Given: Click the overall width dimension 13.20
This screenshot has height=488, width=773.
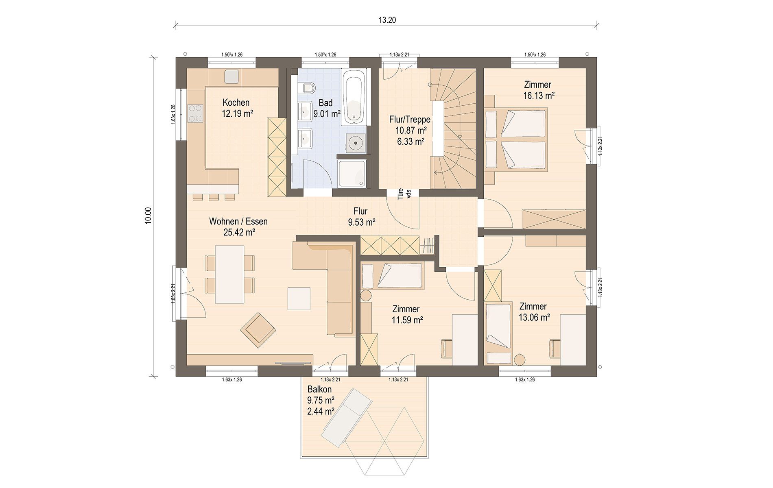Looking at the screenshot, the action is point(387,20).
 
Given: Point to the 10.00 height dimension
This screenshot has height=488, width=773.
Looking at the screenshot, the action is point(148,215).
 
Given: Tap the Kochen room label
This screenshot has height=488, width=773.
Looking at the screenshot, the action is point(236,102).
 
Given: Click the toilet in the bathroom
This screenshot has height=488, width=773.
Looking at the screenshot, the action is point(307,88).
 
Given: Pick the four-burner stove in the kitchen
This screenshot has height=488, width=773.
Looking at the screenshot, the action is point(195,113).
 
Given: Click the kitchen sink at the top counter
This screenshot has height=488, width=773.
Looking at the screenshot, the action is point(231,76).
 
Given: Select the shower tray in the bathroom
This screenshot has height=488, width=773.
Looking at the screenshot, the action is point(352,174).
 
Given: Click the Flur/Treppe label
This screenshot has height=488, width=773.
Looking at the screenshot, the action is point(410,120).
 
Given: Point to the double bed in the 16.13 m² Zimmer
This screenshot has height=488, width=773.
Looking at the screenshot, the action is point(516,139).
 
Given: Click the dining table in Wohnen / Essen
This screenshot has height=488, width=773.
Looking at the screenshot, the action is point(230,274).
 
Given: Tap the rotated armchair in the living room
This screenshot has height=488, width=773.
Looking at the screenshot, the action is point(258,330).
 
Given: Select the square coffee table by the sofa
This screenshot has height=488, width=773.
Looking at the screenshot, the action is point(299,299).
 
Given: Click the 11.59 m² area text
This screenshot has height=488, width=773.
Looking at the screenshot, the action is point(407,320).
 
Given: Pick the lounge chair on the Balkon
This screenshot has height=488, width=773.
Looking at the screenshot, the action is point(347,417).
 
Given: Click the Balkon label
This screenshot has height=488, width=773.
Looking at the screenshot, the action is point(319,390).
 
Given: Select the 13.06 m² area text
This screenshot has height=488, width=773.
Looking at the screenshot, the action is point(534,317).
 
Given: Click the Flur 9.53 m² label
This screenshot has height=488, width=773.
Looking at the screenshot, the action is point(361,217).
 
